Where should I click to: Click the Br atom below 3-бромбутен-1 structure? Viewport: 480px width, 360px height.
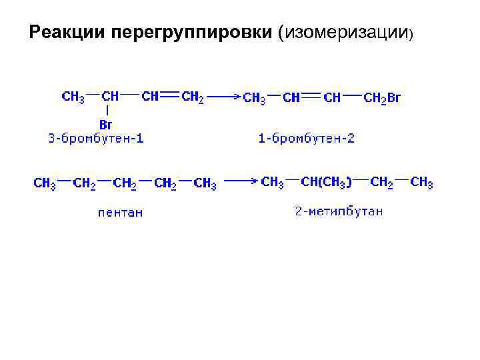click(x=105, y=125)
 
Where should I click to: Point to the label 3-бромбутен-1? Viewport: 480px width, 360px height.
click(x=96, y=139)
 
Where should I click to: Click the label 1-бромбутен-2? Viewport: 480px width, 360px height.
click(x=306, y=139)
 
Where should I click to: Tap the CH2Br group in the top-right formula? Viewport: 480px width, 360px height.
click(x=382, y=98)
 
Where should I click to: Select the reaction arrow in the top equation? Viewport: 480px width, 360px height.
click(x=223, y=97)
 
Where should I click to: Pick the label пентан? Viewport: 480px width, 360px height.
click(x=120, y=213)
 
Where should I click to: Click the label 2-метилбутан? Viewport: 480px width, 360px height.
click(x=339, y=212)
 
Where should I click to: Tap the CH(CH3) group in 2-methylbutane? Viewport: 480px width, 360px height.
click(x=327, y=182)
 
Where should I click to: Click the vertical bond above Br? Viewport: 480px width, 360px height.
click(x=105, y=110)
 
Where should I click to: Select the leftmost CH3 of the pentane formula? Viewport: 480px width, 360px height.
click(x=45, y=183)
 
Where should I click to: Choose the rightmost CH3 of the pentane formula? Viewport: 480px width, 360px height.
click(x=205, y=183)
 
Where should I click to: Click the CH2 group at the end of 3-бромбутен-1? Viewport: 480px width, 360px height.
click(x=193, y=97)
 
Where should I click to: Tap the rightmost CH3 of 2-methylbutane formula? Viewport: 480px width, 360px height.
click(x=421, y=182)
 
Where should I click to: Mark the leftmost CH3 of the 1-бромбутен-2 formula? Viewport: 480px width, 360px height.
click(x=254, y=98)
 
